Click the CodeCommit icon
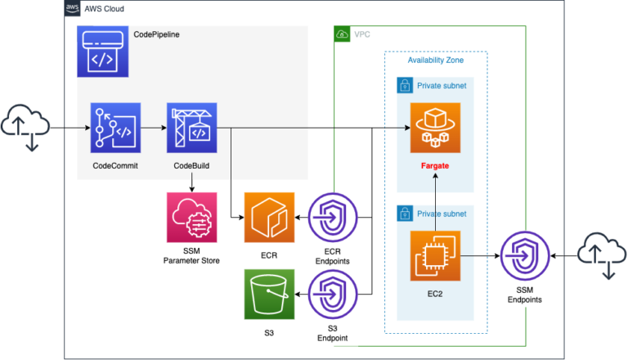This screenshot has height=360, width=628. pyautogui.click(x=114, y=128)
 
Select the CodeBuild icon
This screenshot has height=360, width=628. pyautogui.click(x=191, y=128)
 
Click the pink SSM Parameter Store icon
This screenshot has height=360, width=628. pyautogui.click(x=191, y=218)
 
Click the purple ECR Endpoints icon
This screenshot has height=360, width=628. pyautogui.click(x=334, y=218)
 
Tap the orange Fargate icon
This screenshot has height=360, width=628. pyautogui.click(x=435, y=128)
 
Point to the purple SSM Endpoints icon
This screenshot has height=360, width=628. pyautogui.click(x=523, y=256)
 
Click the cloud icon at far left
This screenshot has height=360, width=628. pyautogui.click(x=25, y=128)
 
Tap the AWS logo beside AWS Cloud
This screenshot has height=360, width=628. pyautogui.click(x=72, y=8)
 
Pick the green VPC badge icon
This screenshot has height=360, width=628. pyautogui.click(x=343, y=34)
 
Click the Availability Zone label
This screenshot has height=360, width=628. pyautogui.click(x=435, y=61)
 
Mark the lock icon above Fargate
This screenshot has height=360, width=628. pyautogui.click(x=404, y=85)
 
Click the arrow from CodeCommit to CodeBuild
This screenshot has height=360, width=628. pyautogui.click(x=153, y=128)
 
